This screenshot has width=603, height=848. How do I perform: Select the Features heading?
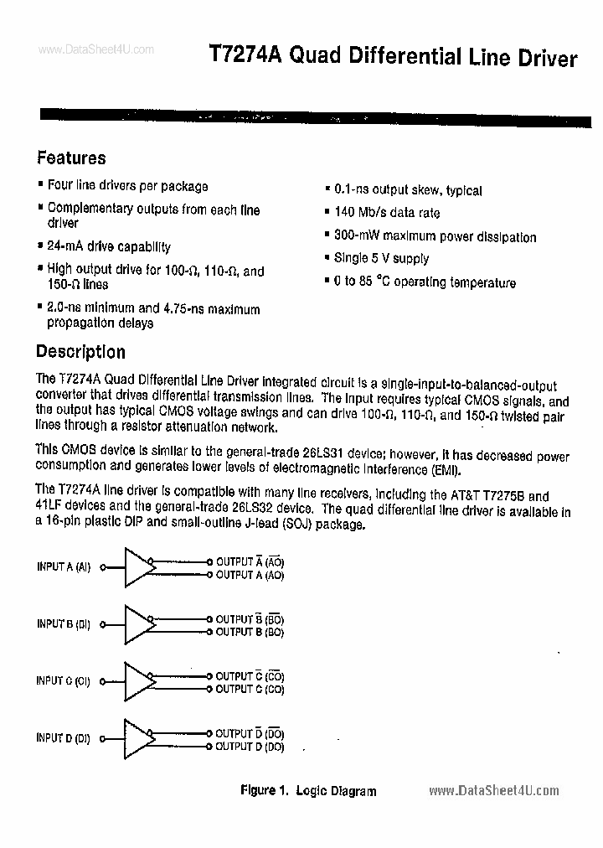[71, 158]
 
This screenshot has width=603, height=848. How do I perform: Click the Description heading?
[80, 352]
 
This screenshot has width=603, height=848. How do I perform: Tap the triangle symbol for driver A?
[139, 567]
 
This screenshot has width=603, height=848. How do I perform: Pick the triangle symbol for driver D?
[139, 738]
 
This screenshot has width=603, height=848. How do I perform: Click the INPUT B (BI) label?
[64, 624]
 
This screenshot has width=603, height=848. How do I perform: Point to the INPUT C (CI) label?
[63, 681]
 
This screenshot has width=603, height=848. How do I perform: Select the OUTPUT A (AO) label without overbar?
[250, 576]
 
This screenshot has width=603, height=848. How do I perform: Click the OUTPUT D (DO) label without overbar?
[250, 746]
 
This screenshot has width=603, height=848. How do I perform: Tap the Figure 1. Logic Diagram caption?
[308, 790]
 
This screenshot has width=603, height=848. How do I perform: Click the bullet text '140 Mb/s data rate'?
[386, 214]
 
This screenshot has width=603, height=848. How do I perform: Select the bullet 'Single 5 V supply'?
[381, 259]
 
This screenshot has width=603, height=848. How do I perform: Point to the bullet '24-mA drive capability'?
[108, 247]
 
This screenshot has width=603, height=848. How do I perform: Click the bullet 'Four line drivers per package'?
[127, 186]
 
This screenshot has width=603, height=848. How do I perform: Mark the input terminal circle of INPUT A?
[102, 567]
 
